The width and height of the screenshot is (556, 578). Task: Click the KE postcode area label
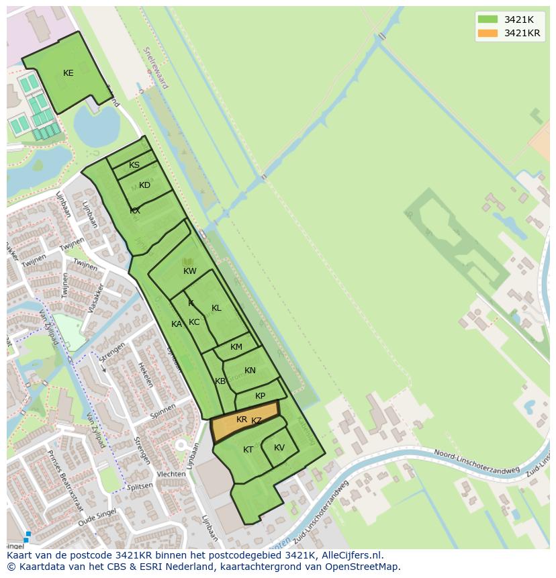click(68, 73)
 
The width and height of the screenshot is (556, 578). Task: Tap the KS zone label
click(134, 165)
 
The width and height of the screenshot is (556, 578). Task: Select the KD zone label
click(144, 185)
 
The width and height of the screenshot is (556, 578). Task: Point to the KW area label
click(190, 271)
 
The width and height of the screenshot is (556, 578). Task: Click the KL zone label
click(216, 308)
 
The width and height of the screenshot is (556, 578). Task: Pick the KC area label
click(194, 322)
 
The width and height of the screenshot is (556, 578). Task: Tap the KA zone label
click(177, 324)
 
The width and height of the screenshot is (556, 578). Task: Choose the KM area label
click(236, 347)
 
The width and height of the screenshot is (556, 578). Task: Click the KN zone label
click(250, 371)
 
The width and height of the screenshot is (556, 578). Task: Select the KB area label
click(220, 381)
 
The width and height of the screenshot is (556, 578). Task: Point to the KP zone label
click(261, 396)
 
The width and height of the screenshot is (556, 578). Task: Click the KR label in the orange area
click(242, 420)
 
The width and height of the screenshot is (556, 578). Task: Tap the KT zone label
click(248, 450)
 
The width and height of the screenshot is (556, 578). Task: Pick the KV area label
click(279, 448)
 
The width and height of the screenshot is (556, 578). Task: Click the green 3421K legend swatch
click(488, 19)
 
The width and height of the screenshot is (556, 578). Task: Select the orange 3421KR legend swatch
click(488, 33)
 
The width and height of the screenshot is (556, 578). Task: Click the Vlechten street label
click(171, 474)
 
